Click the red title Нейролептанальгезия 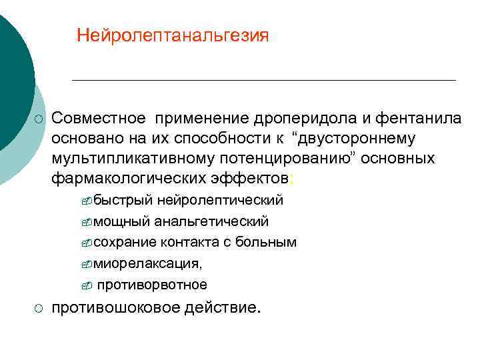(x=173, y=35)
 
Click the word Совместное (x=98, y=119)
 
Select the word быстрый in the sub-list (x=123, y=201)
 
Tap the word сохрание (x=126, y=242)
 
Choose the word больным (x=271, y=242)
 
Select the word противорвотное (x=152, y=285)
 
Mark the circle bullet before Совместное (x=39, y=119)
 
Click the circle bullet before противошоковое (x=39, y=309)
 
